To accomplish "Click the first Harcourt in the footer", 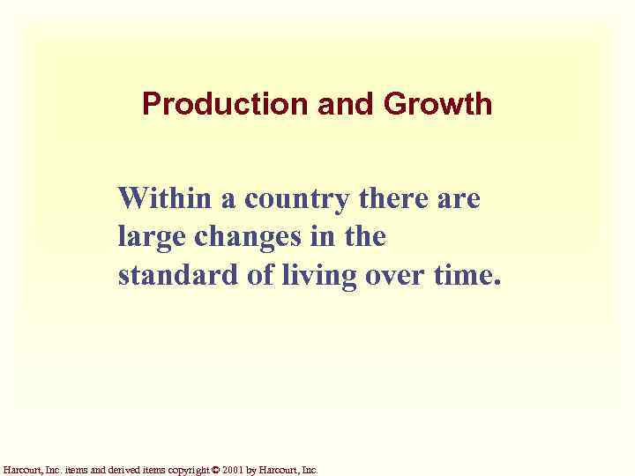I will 19,470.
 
